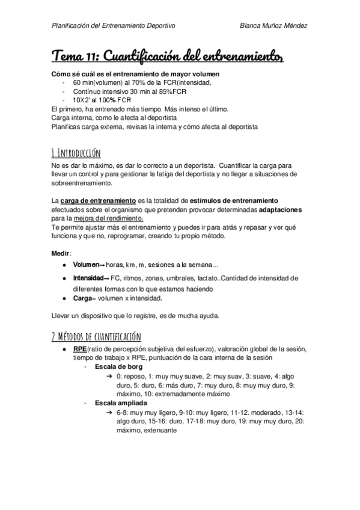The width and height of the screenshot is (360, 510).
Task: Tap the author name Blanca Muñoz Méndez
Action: [273, 25]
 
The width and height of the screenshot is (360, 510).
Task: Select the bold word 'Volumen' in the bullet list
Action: [86, 265]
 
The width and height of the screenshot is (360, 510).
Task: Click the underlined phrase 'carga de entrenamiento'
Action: [90, 200]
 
